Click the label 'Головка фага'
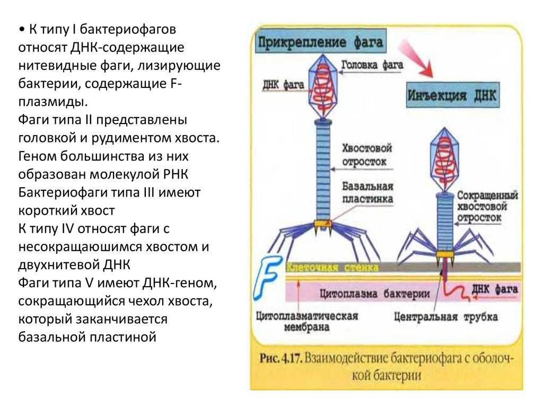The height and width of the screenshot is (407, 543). coord(371,66)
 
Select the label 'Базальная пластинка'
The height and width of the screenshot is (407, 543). coord(367,193)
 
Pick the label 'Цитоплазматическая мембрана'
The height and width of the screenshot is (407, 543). coord(306,322)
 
